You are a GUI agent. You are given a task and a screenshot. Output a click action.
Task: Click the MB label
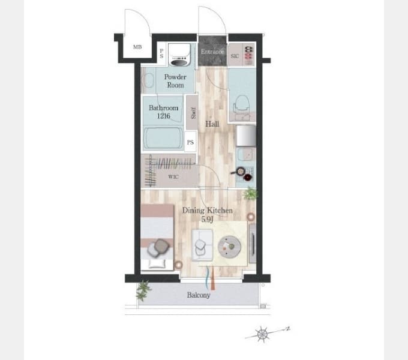(137, 47)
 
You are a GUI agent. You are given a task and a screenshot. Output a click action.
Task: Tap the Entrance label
(212, 52)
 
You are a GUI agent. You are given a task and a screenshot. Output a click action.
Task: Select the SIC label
(235, 56)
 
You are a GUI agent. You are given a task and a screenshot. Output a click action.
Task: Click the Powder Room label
(175, 81)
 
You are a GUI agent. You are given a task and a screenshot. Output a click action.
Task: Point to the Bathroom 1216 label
(163, 112)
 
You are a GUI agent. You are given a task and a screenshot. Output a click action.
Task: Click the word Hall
(212, 124)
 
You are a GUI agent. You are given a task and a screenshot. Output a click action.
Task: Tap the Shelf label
(193, 113)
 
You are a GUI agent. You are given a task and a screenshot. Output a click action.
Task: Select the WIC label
(173, 177)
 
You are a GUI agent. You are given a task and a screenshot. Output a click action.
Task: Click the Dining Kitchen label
(208, 210)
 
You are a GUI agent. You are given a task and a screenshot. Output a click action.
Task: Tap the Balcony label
(199, 295)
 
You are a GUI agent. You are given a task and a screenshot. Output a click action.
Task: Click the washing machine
(179, 55)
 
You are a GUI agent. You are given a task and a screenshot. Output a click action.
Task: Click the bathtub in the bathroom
(163, 139)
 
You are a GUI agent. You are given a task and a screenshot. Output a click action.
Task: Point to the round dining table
(229, 247)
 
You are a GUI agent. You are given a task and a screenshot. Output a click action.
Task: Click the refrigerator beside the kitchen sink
(246, 136)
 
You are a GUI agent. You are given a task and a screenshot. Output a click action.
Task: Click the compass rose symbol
(262, 334)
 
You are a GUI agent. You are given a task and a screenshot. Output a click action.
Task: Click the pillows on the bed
(158, 248)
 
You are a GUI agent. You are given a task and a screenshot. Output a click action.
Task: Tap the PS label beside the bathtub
(190, 142)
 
